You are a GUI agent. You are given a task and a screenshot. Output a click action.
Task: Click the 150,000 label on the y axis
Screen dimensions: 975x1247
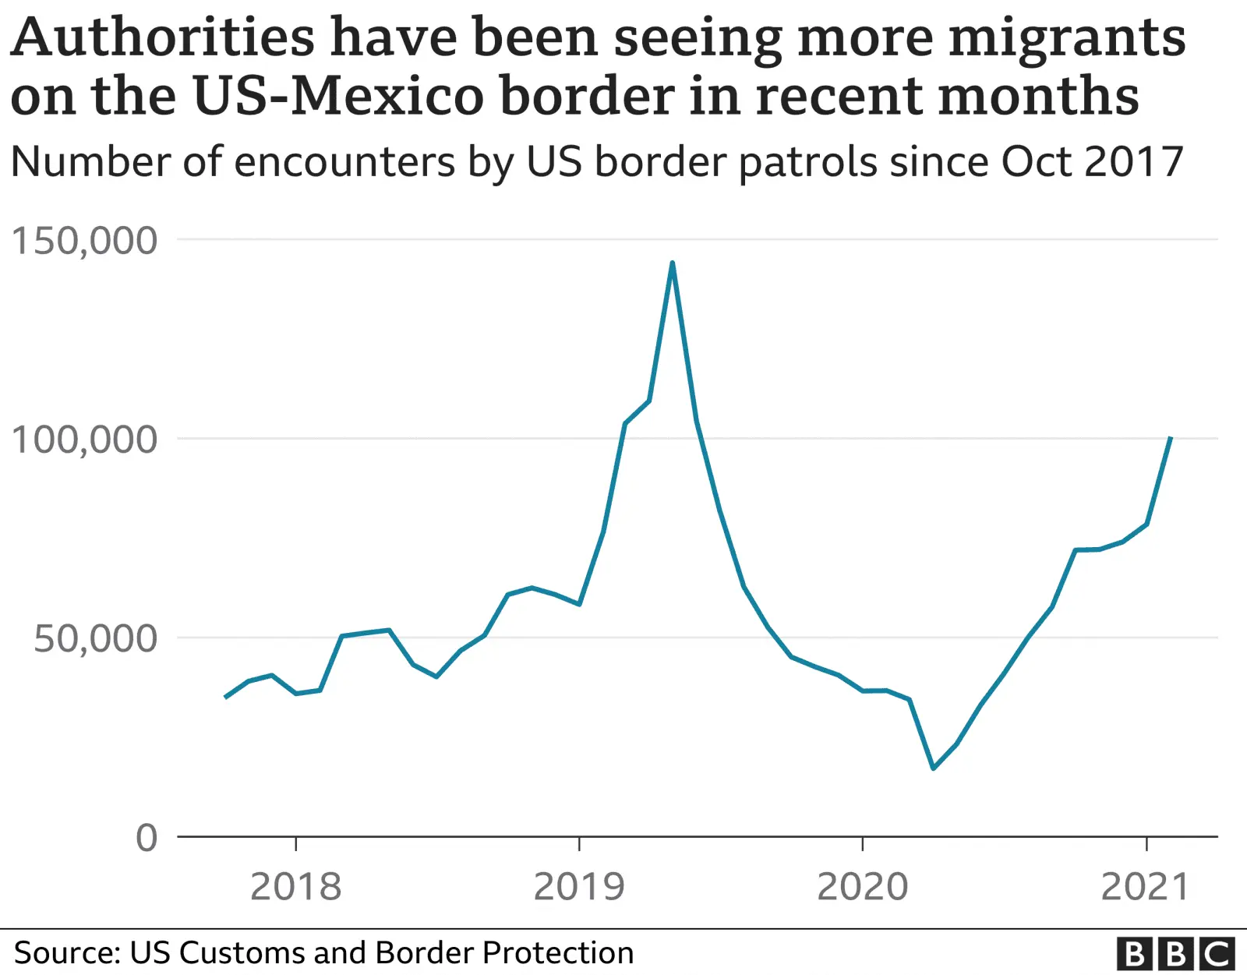coord(84,241)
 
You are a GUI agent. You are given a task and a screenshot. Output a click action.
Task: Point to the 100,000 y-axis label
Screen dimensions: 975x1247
coord(84,440)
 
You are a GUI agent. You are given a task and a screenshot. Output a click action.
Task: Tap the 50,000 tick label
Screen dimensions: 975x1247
coord(95,639)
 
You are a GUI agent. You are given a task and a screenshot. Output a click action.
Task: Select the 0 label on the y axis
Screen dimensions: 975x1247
coord(147,839)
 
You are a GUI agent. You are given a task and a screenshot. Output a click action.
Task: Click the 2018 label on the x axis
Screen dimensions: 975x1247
coord(296,887)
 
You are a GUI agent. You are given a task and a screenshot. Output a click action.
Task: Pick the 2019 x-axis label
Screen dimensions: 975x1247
coord(579,887)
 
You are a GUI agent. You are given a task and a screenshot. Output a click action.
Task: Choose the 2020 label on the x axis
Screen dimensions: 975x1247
coord(863,887)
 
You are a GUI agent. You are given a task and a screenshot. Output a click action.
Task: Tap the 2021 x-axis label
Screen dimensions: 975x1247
coord(1146,887)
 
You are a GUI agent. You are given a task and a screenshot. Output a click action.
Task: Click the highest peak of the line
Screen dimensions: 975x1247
coord(672,263)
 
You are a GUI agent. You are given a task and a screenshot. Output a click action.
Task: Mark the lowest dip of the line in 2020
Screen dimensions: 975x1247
coord(933,768)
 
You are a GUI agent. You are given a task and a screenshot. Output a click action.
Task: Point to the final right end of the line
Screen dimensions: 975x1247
coord(1171,438)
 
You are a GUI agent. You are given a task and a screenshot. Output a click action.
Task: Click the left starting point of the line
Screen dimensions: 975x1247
coord(225,697)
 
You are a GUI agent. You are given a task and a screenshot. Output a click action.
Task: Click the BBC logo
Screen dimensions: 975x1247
coord(1176,954)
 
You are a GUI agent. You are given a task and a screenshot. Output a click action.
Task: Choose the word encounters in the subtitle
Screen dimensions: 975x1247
coord(344,163)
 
